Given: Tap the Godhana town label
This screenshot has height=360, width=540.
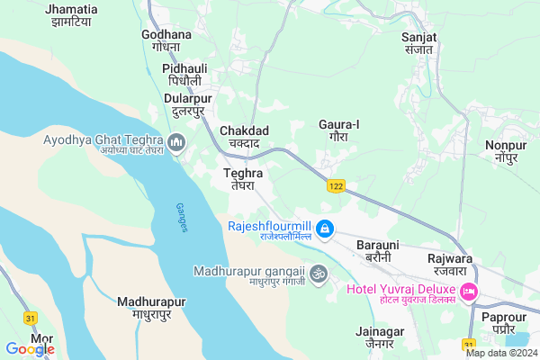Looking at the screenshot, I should (166, 40).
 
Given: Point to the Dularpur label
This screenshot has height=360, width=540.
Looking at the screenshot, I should (189, 103).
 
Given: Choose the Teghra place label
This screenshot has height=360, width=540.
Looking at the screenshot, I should (243, 177).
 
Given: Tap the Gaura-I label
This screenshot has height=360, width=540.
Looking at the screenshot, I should (339, 130).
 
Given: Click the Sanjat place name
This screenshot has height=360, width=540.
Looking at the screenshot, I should (419, 42).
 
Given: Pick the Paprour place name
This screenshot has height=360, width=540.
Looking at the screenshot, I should (503, 323).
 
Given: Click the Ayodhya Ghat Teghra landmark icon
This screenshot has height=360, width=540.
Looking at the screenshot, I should (175, 141).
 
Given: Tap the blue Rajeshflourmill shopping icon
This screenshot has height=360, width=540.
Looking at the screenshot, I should (325, 230).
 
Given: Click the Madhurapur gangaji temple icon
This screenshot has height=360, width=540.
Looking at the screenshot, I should (317, 272).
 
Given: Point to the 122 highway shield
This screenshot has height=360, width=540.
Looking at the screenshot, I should (336, 185).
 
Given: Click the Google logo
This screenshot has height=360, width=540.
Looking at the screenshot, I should (30, 349).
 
